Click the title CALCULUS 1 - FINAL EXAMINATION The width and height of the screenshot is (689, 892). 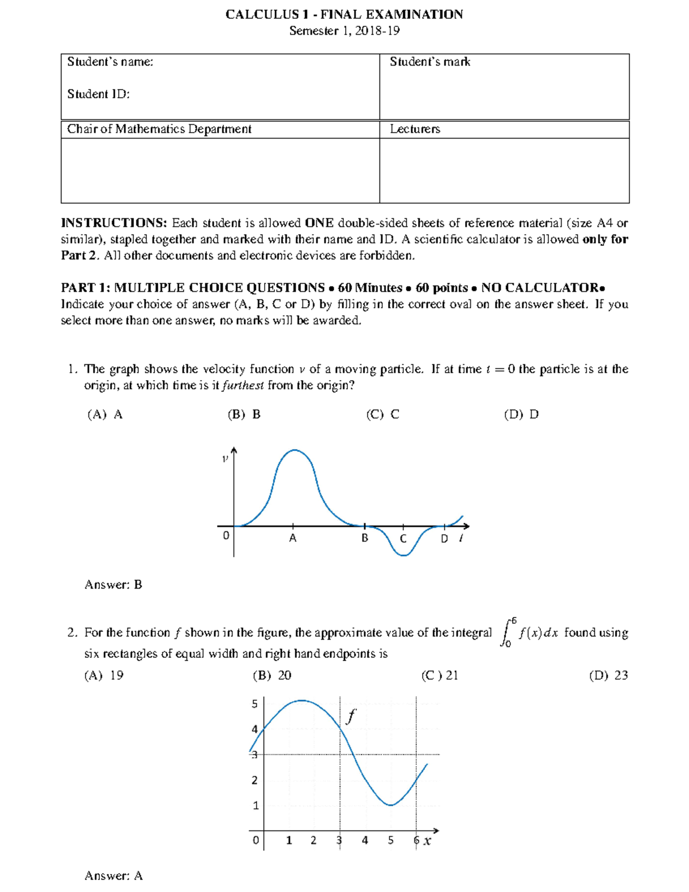pyautogui.click(x=344, y=14)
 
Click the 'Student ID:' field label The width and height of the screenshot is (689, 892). pyautogui.click(x=98, y=94)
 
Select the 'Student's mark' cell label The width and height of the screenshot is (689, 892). pyautogui.click(x=429, y=62)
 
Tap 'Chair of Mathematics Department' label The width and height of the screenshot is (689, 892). pyautogui.click(x=159, y=129)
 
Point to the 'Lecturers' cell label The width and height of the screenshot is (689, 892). pyautogui.click(x=415, y=129)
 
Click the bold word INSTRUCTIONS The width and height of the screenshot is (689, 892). pyautogui.click(x=114, y=223)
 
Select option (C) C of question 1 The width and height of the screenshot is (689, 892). pyautogui.click(x=382, y=415)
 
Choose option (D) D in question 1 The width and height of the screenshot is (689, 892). pyautogui.click(x=521, y=415)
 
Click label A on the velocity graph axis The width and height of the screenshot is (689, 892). pyautogui.click(x=293, y=539)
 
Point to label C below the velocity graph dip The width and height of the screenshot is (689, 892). pyautogui.click(x=403, y=539)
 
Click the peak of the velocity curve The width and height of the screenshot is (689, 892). pyautogui.click(x=295, y=450)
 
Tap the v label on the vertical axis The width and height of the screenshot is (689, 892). pyautogui.click(x=225, y=458)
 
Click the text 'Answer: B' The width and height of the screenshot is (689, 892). pyautogui.click(x=113, y=585)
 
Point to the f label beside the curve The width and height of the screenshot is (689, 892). pyautogui.click(x=351, y=716)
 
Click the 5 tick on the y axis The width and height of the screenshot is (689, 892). pyautogui.click(x=255, y=704)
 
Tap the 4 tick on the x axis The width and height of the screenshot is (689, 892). pyautogui.click(x=365, y=840)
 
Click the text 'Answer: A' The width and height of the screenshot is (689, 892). pyautogui.click(x=113, y=876)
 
